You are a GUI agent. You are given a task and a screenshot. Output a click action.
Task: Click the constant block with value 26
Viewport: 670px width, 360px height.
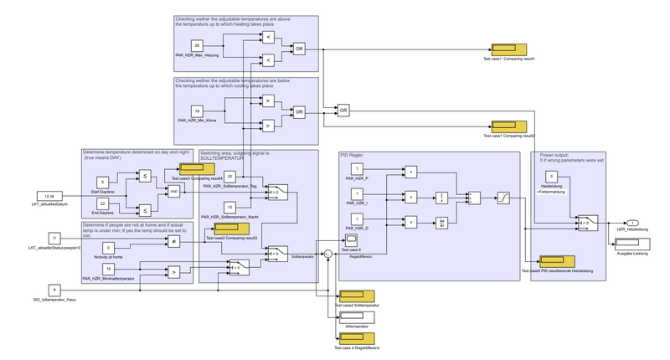coord(198,44)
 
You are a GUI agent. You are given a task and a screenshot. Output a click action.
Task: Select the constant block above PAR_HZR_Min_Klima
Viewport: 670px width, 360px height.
coord(198,111)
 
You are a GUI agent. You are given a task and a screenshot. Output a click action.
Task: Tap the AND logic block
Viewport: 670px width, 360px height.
coord(175,190)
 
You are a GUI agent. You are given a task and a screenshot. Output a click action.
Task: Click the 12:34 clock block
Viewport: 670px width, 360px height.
coord(49,172)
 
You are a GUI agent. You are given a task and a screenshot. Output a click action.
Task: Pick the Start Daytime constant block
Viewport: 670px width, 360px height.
coord(102,181)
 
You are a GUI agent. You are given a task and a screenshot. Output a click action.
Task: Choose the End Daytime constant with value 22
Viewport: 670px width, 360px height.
coord(102,203)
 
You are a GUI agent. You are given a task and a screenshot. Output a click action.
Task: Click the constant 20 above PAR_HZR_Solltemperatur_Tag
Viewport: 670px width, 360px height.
coord(230,176)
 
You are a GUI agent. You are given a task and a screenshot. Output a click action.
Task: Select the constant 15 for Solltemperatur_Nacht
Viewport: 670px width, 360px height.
coord(230,207)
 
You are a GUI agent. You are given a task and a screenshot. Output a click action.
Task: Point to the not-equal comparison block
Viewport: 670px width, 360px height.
coord(175,241)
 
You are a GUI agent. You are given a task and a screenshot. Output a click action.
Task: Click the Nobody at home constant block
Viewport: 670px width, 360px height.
coord(108,247)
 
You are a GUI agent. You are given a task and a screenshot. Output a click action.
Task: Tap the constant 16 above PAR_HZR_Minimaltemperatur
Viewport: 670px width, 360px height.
coord(108,268)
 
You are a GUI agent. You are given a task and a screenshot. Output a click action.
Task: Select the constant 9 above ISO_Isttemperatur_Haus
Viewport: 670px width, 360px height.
coord(54,290)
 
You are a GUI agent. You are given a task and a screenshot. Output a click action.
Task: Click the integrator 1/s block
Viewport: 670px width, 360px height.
coord(441,198)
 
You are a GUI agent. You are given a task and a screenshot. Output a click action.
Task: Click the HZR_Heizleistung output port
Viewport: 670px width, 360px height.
coord(633,222)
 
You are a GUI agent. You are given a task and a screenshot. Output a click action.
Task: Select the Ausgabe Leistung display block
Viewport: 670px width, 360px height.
coord(634,243)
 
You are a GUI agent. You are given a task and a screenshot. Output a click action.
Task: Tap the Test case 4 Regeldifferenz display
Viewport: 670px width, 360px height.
coord(357,337)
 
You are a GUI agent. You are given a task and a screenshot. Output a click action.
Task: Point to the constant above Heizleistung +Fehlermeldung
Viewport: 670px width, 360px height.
coord(552,176)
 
